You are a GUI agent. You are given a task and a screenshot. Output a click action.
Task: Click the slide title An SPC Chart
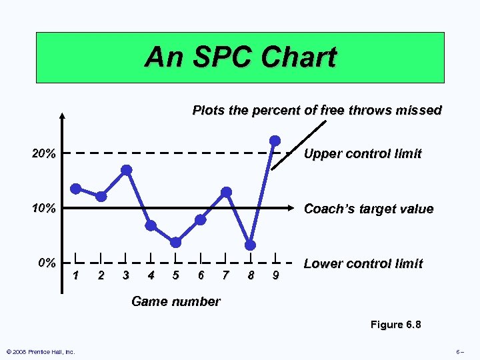[240, 57]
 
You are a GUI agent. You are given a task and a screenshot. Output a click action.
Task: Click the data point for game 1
[76, 189]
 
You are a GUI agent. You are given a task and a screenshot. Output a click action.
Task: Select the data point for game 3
[126, 170]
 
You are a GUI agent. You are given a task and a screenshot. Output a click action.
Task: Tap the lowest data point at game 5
[175, 242]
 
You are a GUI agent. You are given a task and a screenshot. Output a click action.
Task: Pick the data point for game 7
[226, 192]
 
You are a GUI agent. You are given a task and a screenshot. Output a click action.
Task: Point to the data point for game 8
[250, 244]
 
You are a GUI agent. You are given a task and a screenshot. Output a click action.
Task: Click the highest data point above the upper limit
[275, 140]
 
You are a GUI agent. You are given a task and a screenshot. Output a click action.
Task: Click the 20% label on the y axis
[44, 154]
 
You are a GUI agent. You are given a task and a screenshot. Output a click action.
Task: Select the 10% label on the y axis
[44, 209]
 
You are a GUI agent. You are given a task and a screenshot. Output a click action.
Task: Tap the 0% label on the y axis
[47, 263]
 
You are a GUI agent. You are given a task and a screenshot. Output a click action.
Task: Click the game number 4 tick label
[151, 274]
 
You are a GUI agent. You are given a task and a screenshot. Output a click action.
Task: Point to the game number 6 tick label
[201, 274]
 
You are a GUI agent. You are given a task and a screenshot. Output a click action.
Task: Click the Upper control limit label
[363, 154]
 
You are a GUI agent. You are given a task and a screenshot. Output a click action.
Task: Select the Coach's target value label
[368, 209]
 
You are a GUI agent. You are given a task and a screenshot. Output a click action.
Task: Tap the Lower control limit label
[363, 263]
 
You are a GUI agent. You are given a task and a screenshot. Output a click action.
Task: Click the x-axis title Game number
[175, 301]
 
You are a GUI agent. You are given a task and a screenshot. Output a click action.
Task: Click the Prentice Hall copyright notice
[40, 351]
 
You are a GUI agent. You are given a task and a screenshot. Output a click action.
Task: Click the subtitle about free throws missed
[317, 110]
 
